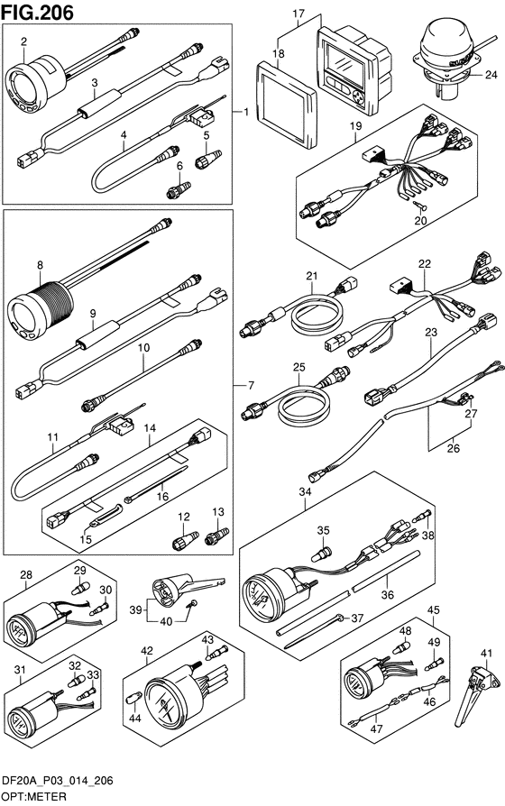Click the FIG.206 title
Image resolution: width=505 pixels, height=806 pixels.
38,13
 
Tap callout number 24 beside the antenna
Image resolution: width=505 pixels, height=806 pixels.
491,75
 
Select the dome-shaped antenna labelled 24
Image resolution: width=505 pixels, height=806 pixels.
448,60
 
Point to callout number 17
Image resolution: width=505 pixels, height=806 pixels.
298,14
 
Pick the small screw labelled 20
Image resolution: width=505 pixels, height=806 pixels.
420,206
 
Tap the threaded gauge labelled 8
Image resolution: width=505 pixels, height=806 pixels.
40,310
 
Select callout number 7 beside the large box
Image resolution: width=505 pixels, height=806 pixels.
251,385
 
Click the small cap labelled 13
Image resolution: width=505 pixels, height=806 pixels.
216,536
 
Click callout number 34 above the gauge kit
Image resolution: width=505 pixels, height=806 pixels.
305,492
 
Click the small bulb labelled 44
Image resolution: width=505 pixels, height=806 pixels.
133,698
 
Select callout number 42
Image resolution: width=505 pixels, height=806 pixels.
147,651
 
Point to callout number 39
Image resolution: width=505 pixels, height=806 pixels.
135,610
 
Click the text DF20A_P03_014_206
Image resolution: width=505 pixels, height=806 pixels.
58,781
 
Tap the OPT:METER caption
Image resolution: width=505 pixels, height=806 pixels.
34,797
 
